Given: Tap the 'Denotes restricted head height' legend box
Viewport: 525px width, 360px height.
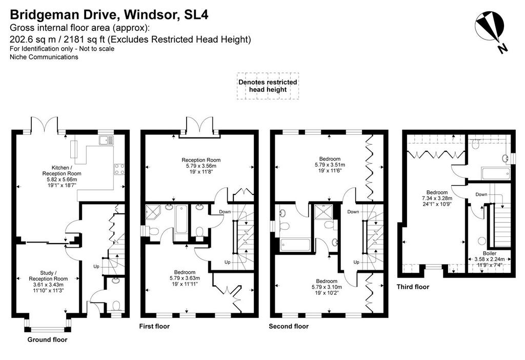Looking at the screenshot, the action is coord(268,86).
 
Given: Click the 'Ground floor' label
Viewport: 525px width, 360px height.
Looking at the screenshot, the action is coord(47,339).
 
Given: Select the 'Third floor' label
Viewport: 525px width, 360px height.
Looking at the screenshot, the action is coord(413,287).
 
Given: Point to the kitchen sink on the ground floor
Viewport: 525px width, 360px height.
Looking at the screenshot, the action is coord(107,139).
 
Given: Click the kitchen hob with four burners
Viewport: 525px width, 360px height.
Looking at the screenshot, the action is coord(119,169).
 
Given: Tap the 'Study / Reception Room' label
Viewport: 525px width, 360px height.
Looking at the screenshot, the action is coord(48,275).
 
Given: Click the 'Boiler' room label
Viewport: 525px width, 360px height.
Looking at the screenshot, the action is coord(490,253).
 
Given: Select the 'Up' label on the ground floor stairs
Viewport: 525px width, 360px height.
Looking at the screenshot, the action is coord(96,267).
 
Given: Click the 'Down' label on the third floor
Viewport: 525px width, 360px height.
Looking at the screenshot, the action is coord(481,194).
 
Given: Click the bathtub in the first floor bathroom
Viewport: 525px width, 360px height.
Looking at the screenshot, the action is coord(181,219).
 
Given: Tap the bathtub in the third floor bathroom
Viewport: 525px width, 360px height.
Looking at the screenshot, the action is coord(496,174).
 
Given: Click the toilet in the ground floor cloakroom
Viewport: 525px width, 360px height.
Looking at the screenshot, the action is coord(116,306).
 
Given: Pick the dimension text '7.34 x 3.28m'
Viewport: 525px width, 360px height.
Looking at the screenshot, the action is coord(437,198).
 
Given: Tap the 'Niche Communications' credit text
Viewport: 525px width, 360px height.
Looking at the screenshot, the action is coord(44,57).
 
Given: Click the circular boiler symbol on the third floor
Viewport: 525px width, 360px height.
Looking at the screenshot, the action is coord(482,241).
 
